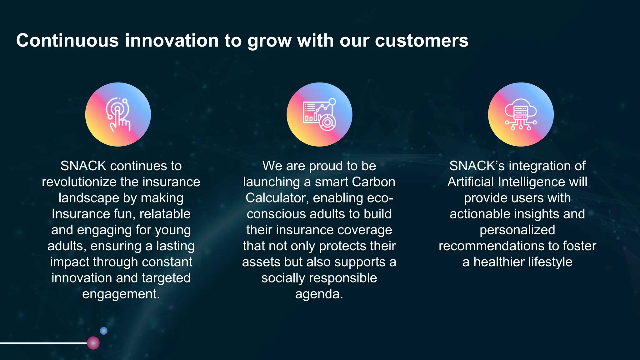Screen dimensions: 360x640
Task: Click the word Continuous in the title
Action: pos(67,41)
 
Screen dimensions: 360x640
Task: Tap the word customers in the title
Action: pos(422,41)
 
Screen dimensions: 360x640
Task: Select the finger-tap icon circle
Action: pos(118,114)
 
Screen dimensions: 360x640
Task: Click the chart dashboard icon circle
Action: pos(319,114)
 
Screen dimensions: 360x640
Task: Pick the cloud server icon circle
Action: pos(521,114)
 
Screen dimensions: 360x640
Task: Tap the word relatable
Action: pos(165,214)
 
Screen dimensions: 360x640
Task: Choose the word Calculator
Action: pos(277,198)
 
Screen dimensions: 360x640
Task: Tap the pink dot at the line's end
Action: pos(93,343)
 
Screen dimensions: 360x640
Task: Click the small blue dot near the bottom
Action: pos(104,331)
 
